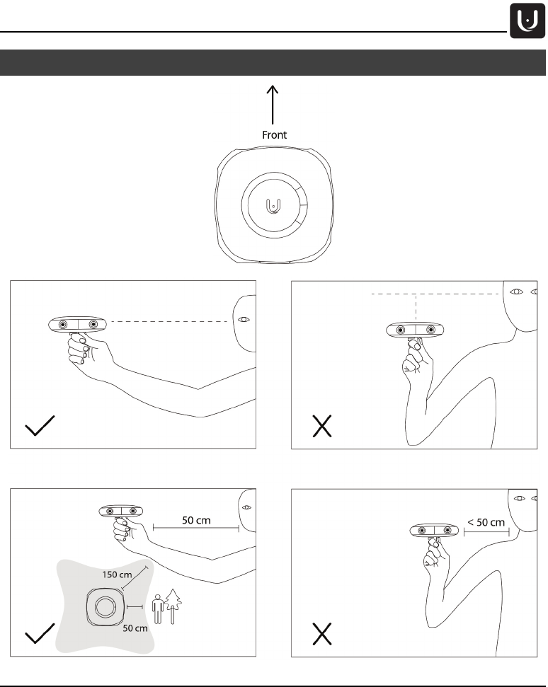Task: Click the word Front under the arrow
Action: [274, 134]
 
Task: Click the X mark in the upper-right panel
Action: [323, 427]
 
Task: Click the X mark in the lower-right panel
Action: [323, 635]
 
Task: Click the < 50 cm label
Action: [486, 523]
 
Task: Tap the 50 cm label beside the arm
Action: [196, 520]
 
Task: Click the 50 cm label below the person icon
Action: [135, 628]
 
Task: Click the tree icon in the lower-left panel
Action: [173, 605]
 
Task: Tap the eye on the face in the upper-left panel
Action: [244, 320]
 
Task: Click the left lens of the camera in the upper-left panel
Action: [63, 324]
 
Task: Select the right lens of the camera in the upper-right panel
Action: [430, 330]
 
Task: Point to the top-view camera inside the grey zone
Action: [103, 607]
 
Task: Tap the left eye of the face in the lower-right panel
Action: [520, 499]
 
